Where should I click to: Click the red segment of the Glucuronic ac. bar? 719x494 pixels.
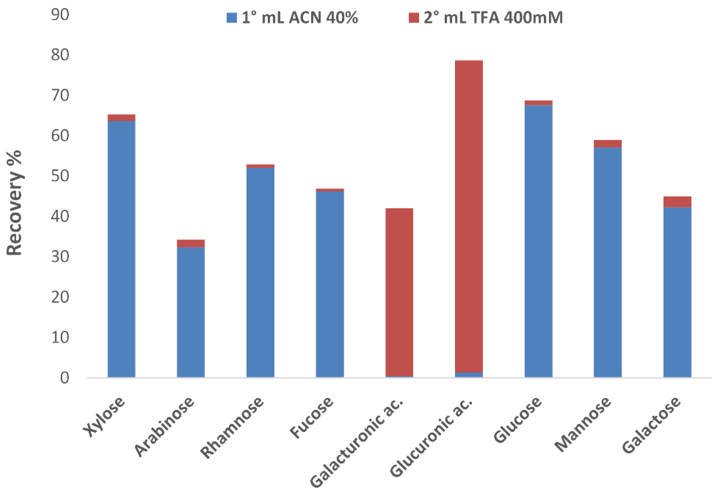click(469, 217)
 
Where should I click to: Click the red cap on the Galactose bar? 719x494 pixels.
click(677, 202)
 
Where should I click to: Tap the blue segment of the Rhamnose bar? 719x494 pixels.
click(260, 272)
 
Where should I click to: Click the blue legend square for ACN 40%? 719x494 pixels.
click(232, 18)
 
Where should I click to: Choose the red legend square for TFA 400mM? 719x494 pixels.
click(414, 18)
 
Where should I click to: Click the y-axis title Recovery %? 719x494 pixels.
click(14, 203)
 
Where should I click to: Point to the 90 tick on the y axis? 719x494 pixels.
click(60, 15)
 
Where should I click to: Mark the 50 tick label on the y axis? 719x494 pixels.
click(60, 176)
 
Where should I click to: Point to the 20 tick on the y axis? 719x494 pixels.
click(60, 297)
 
